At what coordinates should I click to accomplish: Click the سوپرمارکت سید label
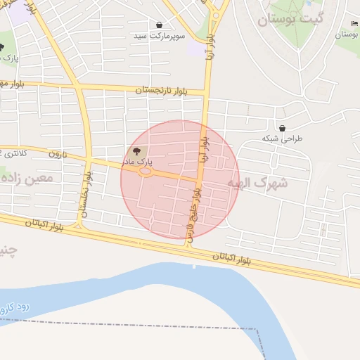point(160,34)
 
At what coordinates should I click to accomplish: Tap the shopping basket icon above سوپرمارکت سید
point(160,25)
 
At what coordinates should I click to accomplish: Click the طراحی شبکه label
point(282,139)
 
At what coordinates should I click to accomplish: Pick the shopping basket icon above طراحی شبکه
point(282,129)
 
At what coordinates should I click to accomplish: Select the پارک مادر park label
point(139,162)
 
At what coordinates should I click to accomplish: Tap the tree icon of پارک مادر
point(137,151)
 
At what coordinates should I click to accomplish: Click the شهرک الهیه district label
point(258,183)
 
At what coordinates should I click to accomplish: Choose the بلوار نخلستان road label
point(86,195)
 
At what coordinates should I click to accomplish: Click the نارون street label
point(57,153)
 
